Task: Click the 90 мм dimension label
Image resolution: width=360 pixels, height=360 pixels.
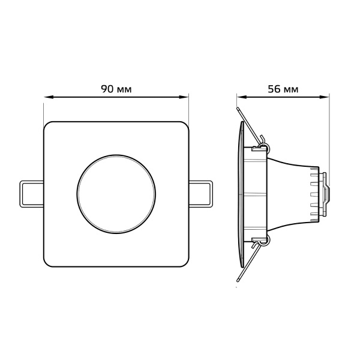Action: coord(116,89)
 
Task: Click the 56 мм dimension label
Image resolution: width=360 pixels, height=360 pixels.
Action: coord(283,89)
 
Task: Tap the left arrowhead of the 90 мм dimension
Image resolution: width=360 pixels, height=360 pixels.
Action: coord(49,97)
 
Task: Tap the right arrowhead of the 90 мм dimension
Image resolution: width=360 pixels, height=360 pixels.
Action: coord(184,97)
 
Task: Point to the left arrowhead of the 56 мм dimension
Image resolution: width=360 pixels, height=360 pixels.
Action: coord(242,97)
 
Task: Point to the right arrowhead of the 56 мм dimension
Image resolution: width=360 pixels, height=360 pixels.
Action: coord(324,97)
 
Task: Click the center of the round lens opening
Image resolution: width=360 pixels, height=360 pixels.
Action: coord(116,194)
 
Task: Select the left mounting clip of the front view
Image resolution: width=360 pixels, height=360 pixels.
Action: coord(32,194)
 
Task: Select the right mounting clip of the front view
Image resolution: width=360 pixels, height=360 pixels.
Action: coord(200,194)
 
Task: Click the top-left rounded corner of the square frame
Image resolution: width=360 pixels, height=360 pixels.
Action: coord(46,124)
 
